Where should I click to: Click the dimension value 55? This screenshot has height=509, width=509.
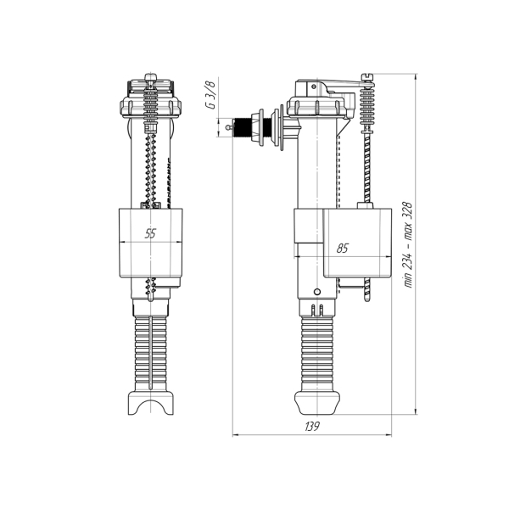point(150,233)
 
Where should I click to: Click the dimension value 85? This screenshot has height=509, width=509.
point(342,249)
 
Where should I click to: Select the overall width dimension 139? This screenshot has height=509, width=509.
point(312,426)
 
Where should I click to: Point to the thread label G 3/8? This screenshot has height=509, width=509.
point(211,95)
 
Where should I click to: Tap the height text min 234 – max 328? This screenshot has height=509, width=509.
point(408,244)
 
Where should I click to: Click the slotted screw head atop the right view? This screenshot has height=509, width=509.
point(367,77)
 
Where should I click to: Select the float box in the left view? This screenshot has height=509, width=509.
point(151,243)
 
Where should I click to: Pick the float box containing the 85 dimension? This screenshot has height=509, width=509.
point(357,243)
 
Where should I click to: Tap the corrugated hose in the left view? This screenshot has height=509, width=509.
point(151,354)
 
